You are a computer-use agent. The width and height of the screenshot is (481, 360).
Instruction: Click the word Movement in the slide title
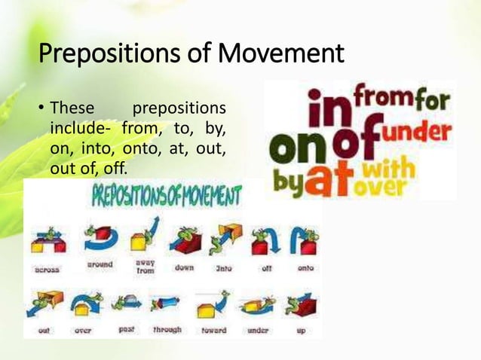coord(280,53)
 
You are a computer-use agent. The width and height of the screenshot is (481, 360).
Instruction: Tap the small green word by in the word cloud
coord(287,182)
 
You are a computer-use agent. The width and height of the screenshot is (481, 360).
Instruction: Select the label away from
coord(145,267)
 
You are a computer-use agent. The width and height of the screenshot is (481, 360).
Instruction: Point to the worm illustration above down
coord(184,239)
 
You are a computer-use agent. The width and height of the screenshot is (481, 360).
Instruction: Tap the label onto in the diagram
coord(305,267)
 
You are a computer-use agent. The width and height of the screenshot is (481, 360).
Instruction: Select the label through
coord(166,330)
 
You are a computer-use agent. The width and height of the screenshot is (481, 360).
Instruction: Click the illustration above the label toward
coord(213,305)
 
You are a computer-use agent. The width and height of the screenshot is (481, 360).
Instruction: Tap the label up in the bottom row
coord(300,330)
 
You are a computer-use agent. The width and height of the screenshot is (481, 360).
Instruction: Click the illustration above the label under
coord(256,305)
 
